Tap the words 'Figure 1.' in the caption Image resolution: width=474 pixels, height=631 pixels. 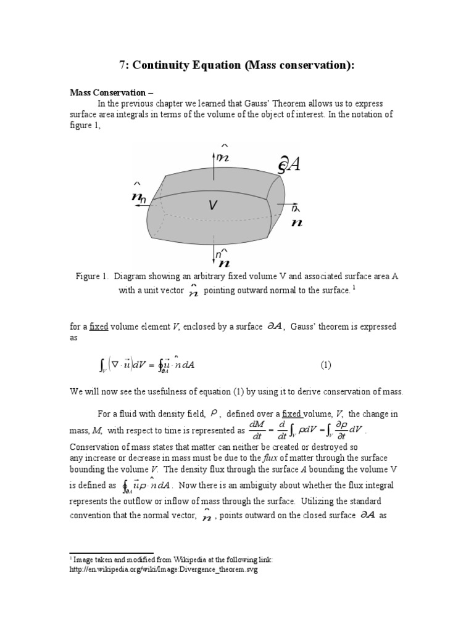[x=93, y=277]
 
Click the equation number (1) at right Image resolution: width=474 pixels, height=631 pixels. [x=326, y=365]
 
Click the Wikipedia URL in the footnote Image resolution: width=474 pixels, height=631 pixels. [x=163, y=570]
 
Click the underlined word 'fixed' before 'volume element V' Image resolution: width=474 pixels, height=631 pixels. [x=99, y=327]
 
